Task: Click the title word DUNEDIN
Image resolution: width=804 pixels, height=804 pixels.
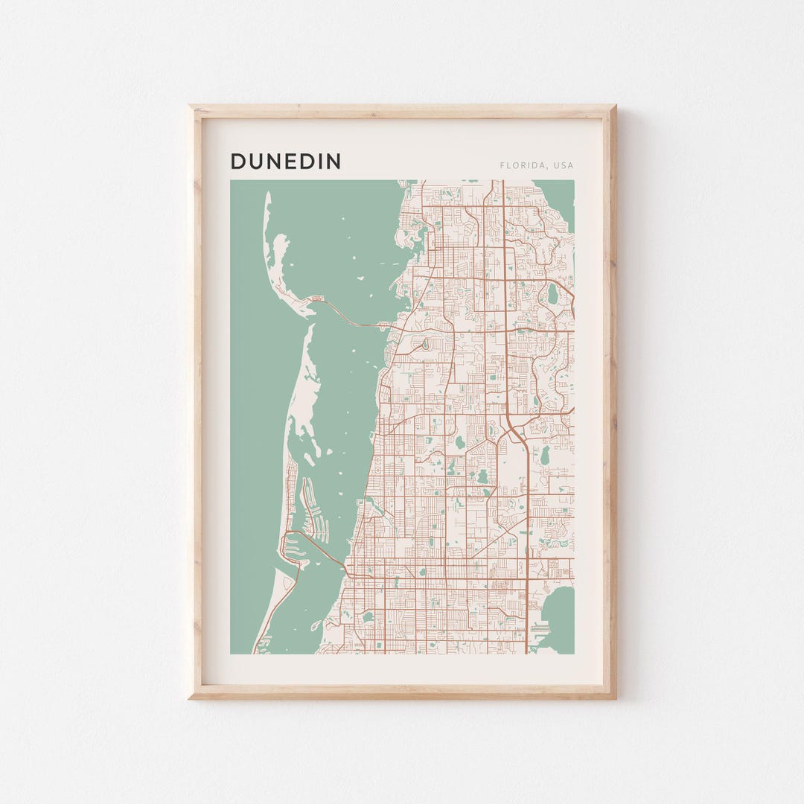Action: [x=285, y=161]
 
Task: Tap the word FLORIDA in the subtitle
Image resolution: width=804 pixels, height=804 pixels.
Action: [x=522, y=165]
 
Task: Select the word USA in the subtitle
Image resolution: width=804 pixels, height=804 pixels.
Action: [x=563, y=165]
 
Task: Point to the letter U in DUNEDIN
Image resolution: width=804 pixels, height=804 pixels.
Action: [x=255, y=161]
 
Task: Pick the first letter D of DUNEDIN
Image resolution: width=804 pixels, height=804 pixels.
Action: [x=237, y=161]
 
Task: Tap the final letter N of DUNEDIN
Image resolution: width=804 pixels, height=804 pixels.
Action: [x=334, y=161]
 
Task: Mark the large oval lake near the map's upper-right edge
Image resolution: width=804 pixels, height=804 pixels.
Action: [x=552, y=295]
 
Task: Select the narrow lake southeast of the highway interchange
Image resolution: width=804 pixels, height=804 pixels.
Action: [x=543, y=454]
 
